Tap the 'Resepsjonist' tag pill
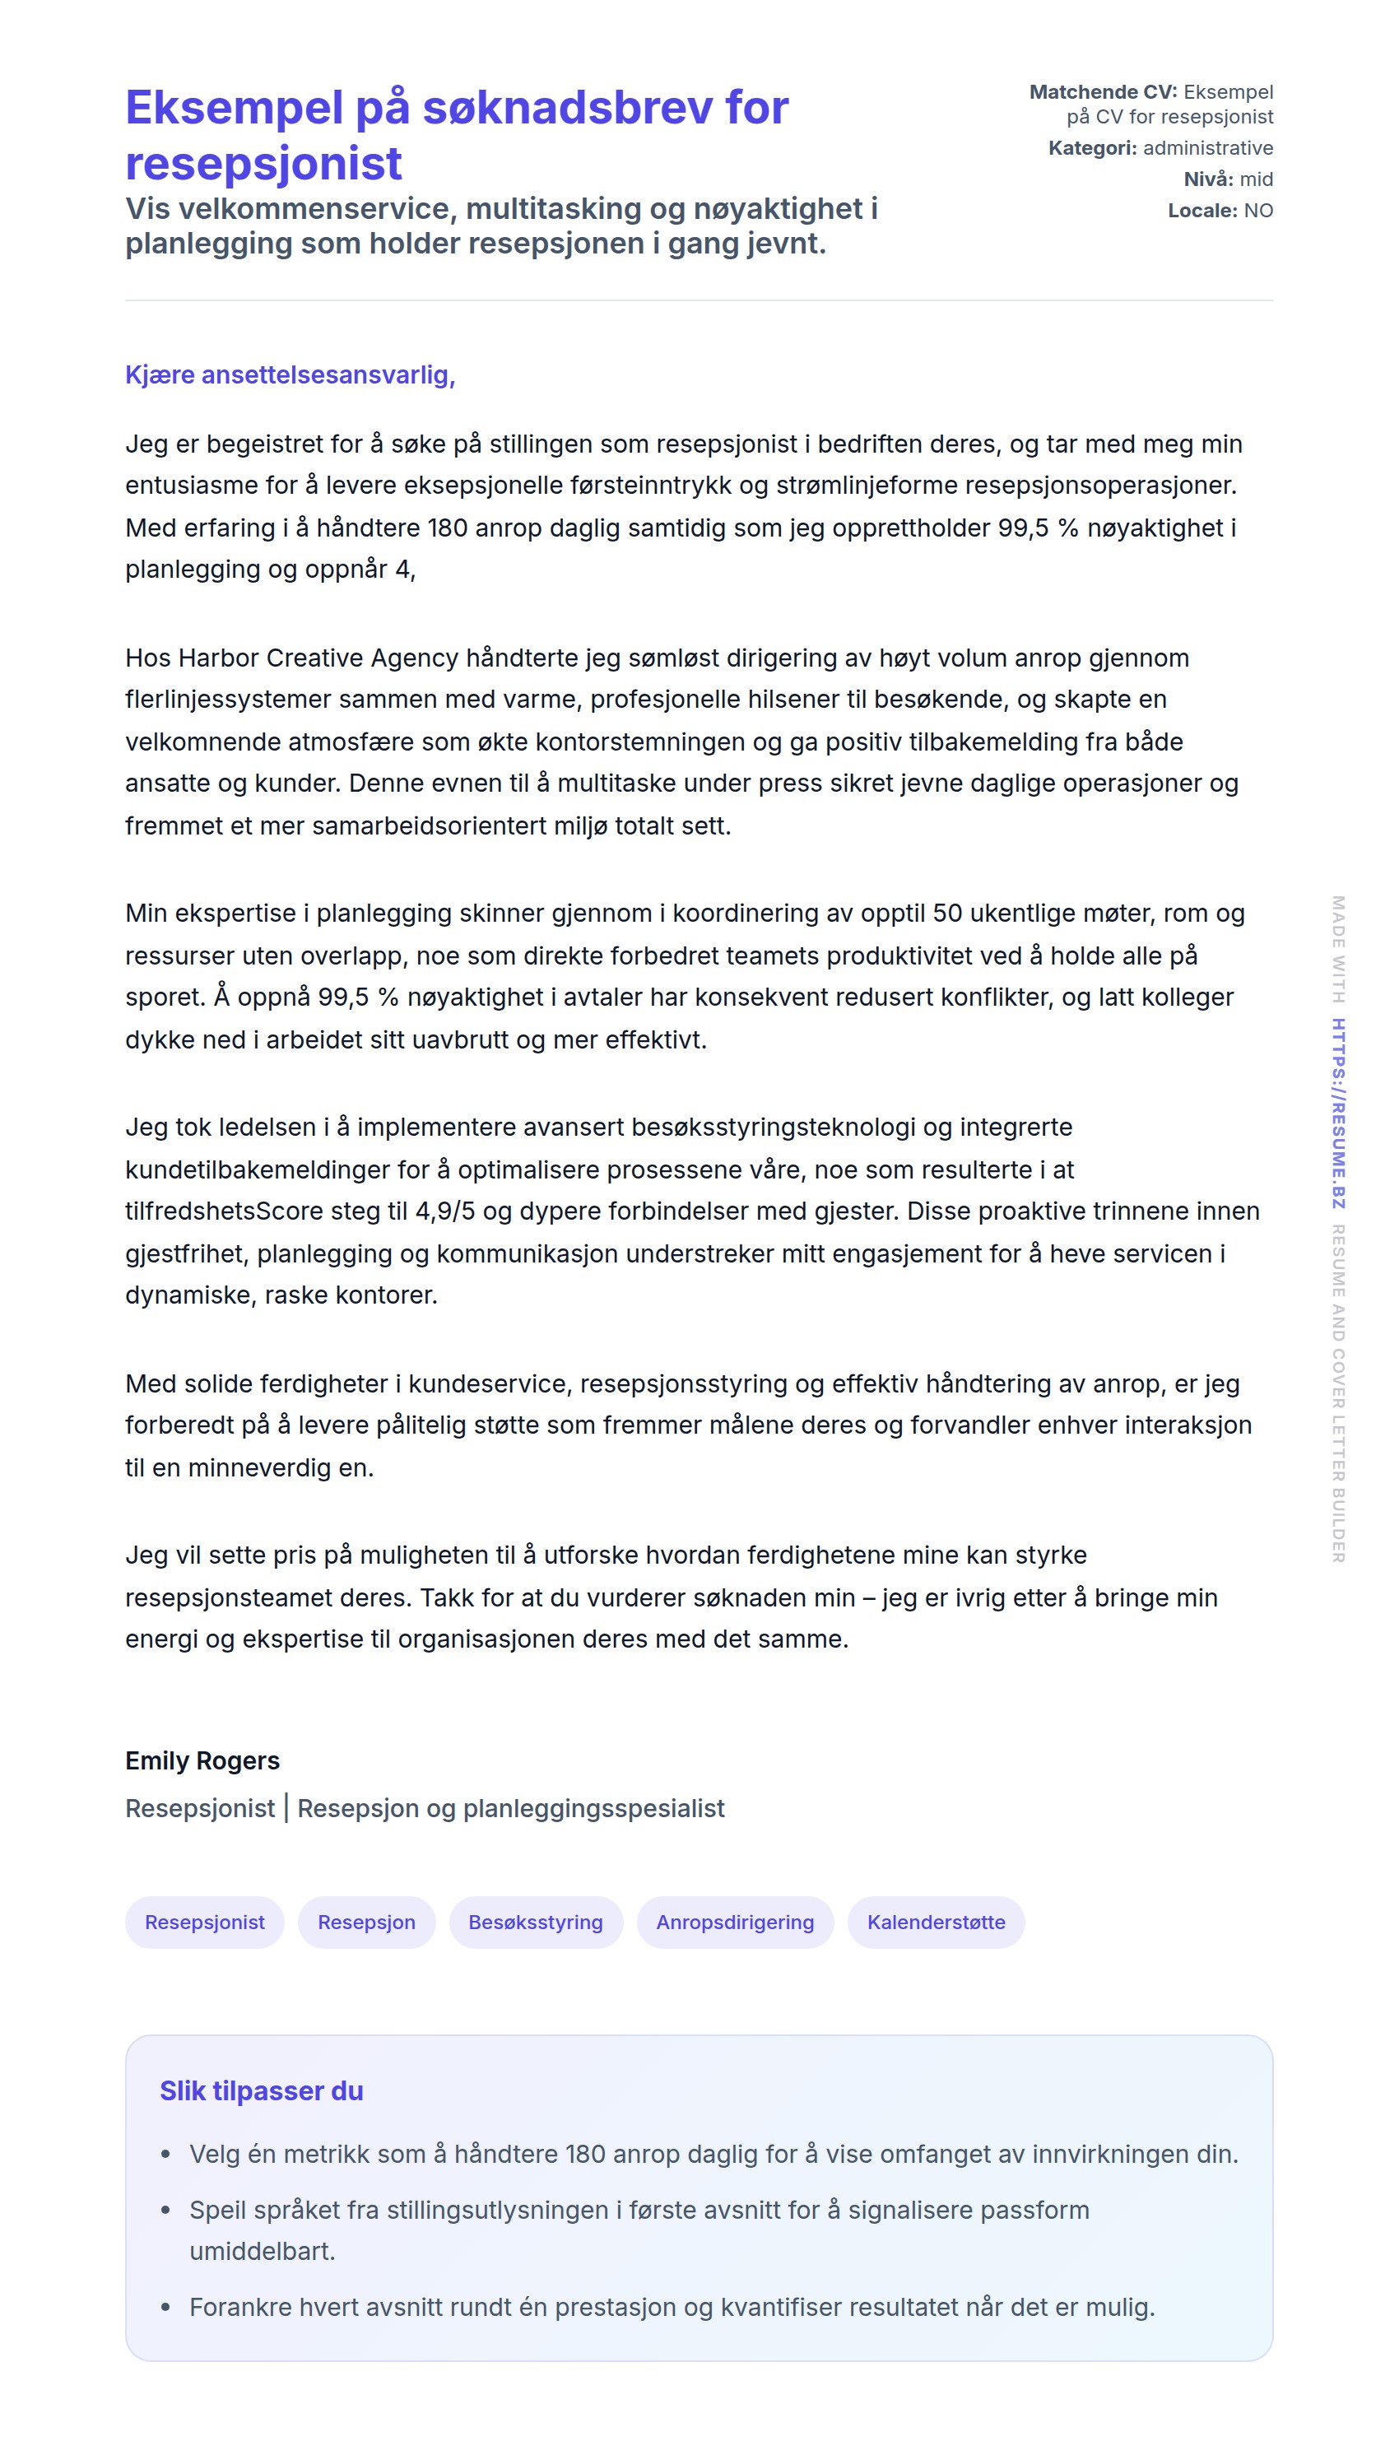pos(205,1923)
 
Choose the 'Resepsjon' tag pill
pos(366,1923)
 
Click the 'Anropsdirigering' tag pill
pos(735,1923)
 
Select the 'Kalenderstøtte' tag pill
pos(936,1923)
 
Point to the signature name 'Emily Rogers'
pos(202,1761)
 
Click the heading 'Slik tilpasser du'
pos(262,2091)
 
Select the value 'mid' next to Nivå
pos(1256,179)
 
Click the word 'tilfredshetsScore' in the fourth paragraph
pos(224,1211)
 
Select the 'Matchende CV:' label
pos(1102,92)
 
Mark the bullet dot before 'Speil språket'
pos(166,2211)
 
